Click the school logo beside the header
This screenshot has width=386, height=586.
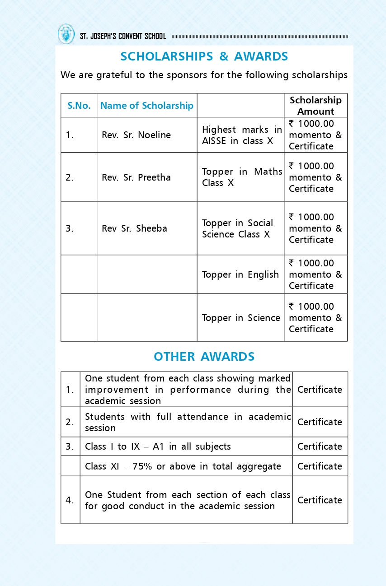pyautogui.click(x=66, y=34)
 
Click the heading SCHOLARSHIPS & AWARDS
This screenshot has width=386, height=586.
pyautogui.click(x=204, y=56)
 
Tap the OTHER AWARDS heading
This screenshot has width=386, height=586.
pyautogui.click(x=204, y=357)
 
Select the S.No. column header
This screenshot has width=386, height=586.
pyautogui.click(x=79, y=106)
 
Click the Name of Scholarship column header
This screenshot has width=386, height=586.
pyautogui.click(x=146, y=106)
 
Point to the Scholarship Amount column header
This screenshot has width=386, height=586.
pyautogui.click(x=315, y=106)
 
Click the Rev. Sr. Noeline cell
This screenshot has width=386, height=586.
pyautogui.click(x=136, y=135)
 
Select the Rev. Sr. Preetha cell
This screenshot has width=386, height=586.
pyautogui.click(x=136, y=177)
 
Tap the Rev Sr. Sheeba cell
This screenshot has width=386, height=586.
pyautogui.click(x=134, y=228)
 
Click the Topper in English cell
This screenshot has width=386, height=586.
pyautogui.click(x=240, y=274)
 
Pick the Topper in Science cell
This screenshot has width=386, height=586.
pyautogui.click(x=241, y=318)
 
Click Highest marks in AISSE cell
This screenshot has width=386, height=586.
pyautogui.click(x=242, y=135)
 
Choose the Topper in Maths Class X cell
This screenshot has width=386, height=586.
pyautogui.click(x=242, y=177)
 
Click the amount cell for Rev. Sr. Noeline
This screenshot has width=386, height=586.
pyautogui.click(x=315, y=135)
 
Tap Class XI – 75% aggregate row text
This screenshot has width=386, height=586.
pyautogui.click(x=183, y=466)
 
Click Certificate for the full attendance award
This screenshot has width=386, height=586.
pyautogui.click(x=320, y=422)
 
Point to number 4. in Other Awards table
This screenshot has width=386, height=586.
pyautogui.click(x=70, y=500)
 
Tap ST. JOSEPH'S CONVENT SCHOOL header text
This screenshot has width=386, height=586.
pyautogui.click(x=123, y=37)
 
